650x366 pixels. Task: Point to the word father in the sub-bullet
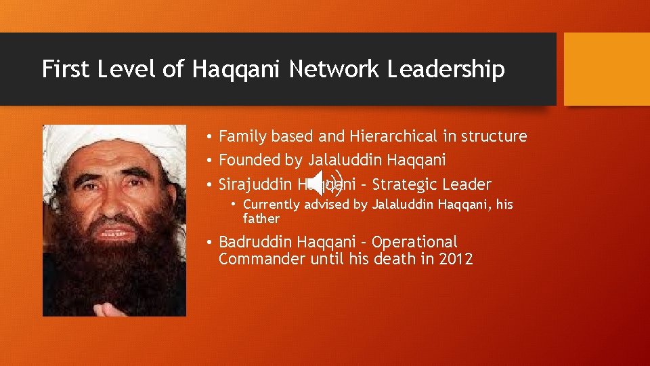tap(261, 219)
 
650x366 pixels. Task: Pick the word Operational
tap(415, 242)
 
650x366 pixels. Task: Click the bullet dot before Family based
tap(211, 137)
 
